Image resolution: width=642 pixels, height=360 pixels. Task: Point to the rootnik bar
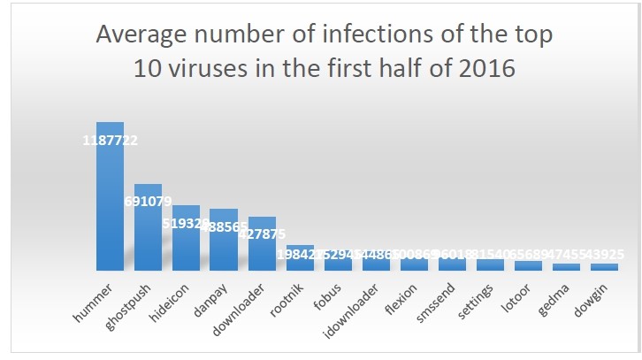coord(300,259)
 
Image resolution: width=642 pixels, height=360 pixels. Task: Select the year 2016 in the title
coord(485,68)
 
